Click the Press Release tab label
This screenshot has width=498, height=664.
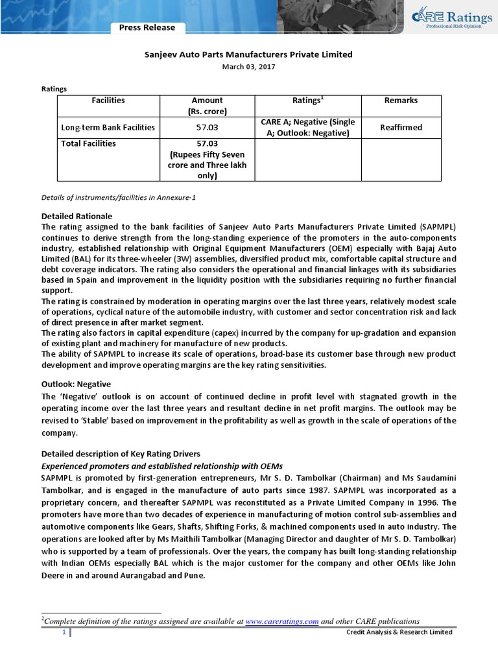click(x=147, y=27)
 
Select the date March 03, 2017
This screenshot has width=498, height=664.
click(x=249, y=67)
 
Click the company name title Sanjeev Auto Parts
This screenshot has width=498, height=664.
click(x=249, y=55)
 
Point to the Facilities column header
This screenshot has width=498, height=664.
click(x=108, y=101)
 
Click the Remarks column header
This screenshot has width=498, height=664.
click(x=401, y=101)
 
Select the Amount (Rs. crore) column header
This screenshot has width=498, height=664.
click(x=207, y=106)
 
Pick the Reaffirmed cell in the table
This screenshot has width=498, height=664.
click(x=401, y=127)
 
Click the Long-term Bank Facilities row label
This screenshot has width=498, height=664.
click(x=108, y=128)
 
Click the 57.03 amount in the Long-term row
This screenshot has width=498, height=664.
click(x=207, y=128)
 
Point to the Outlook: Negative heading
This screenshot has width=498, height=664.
click(x=76, y=384)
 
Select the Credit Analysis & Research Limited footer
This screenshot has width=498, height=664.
click(x=399, y=633)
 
